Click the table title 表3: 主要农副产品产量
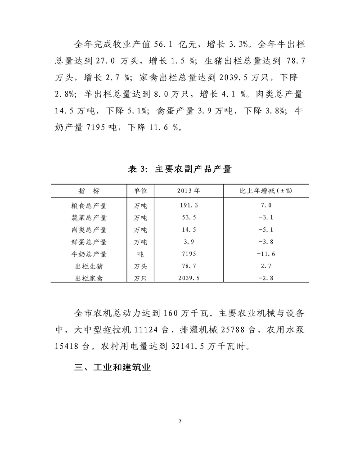[x=180, y=169]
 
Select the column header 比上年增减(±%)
[x=265, y=190]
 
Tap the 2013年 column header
[x=189, y=190]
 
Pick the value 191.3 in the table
[x=189, y=206]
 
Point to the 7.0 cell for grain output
[x=265, y=206]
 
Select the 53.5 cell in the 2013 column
[x=189, y=218]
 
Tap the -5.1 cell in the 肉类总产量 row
[x=265, y=230]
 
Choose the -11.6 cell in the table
[x=265, y=254]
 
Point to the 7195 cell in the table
[x=189, y=254]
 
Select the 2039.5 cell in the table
[x=189, y=279]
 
